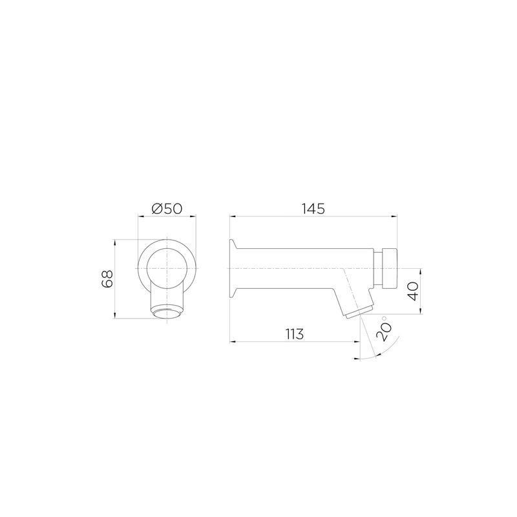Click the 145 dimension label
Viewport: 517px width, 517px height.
(313, 209)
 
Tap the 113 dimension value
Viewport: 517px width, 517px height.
(295, 334)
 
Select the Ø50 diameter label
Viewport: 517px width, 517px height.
(167, 209)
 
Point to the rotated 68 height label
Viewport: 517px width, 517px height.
(107, 279)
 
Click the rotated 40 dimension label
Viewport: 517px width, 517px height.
(414, 291)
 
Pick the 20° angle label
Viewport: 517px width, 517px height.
(385, 329)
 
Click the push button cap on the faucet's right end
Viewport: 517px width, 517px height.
(390, 268)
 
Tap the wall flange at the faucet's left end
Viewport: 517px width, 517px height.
(233, 269)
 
